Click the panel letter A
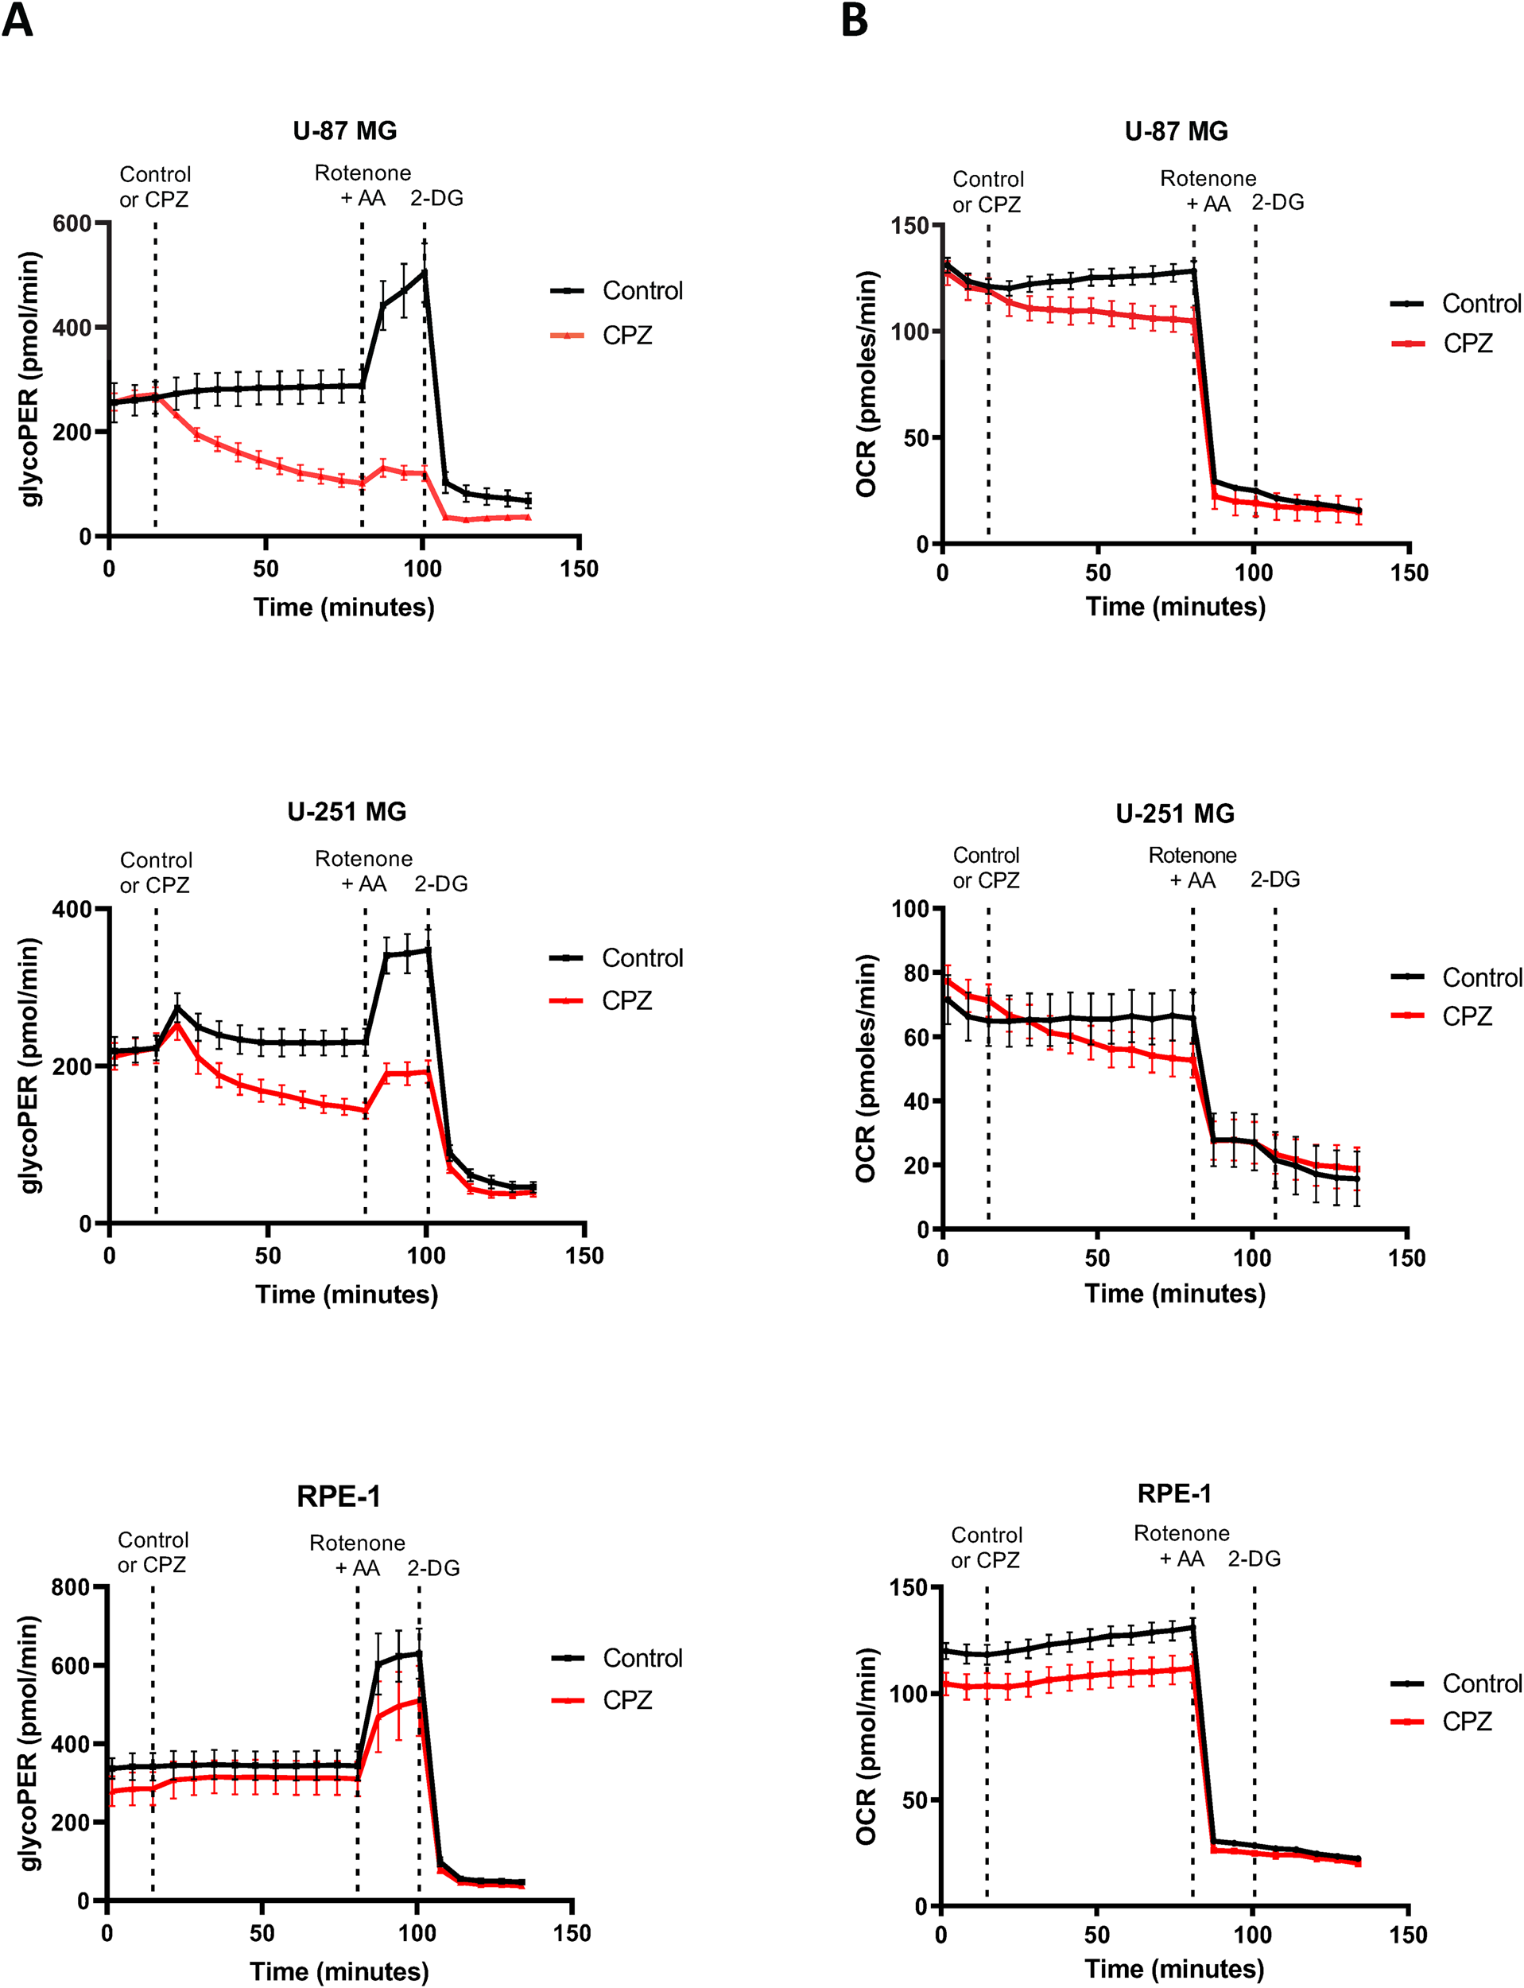point(18,19)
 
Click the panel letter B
point(854,19)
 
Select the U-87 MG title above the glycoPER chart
point(345,130)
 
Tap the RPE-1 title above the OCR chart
point(1174,1493)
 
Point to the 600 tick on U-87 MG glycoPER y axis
point(72,223)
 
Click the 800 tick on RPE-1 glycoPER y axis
point(72,1587)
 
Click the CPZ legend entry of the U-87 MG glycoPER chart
point(626,336)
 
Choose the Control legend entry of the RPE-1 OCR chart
point(1480,1683)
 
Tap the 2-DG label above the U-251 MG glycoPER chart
point(441,883)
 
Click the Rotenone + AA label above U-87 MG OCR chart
point(1208,192)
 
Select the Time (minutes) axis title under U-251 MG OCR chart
point(1175,1293)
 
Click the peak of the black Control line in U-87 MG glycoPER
point(424,270)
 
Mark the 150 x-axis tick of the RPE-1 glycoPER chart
point(572,1934)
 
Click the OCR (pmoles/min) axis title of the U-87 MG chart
point(867,383)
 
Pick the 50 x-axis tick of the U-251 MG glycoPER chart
point(268,1256)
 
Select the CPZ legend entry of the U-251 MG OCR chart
point(1467,1016)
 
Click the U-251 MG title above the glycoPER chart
point(347,811)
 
